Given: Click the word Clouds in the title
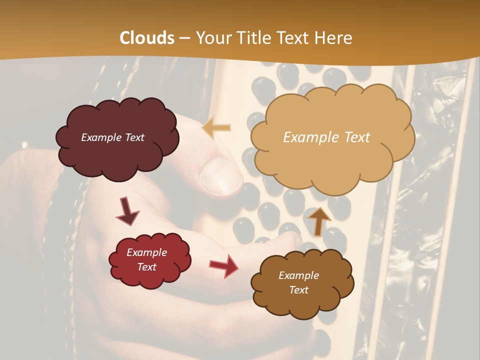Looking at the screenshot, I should tap(147, 38).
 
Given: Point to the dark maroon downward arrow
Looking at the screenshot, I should tap(127, 211).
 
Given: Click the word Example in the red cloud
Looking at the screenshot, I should tap(147, 252).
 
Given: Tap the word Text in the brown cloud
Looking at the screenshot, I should tap(299, 290).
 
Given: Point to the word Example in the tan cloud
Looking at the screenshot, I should tap(308, 137).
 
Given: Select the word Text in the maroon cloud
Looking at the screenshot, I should tap(133, 137).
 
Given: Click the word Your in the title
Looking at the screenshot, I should tap(211, 38).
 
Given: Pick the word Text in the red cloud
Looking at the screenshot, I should tap(147, 267).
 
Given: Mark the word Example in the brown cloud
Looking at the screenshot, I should tap(299, 275).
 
